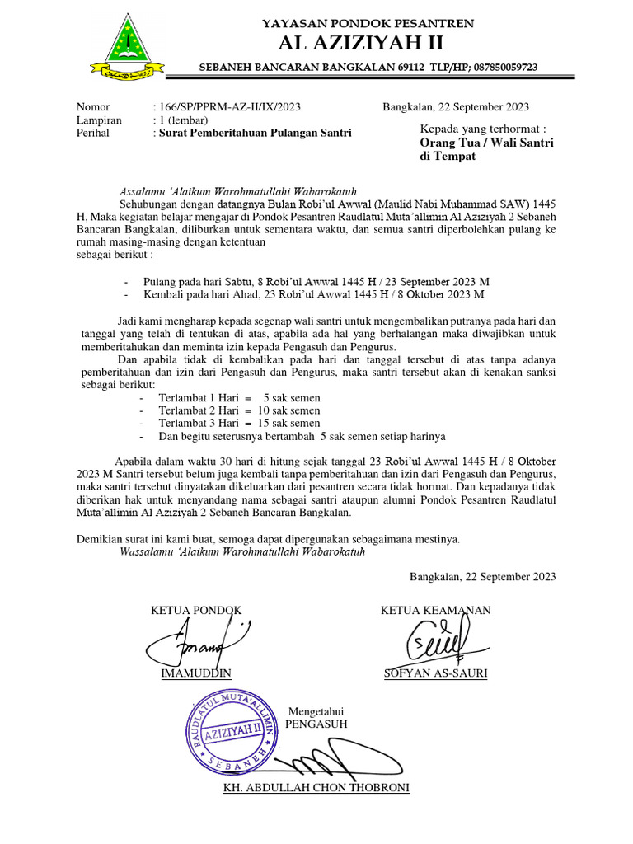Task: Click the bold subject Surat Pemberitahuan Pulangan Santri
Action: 256,133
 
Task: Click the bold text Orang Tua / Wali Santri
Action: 487,143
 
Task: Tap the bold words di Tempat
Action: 448,157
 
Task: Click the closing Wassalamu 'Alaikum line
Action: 242,551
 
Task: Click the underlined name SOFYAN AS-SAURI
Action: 435,673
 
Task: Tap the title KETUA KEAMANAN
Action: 435,610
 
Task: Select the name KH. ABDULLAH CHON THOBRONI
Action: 316,787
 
